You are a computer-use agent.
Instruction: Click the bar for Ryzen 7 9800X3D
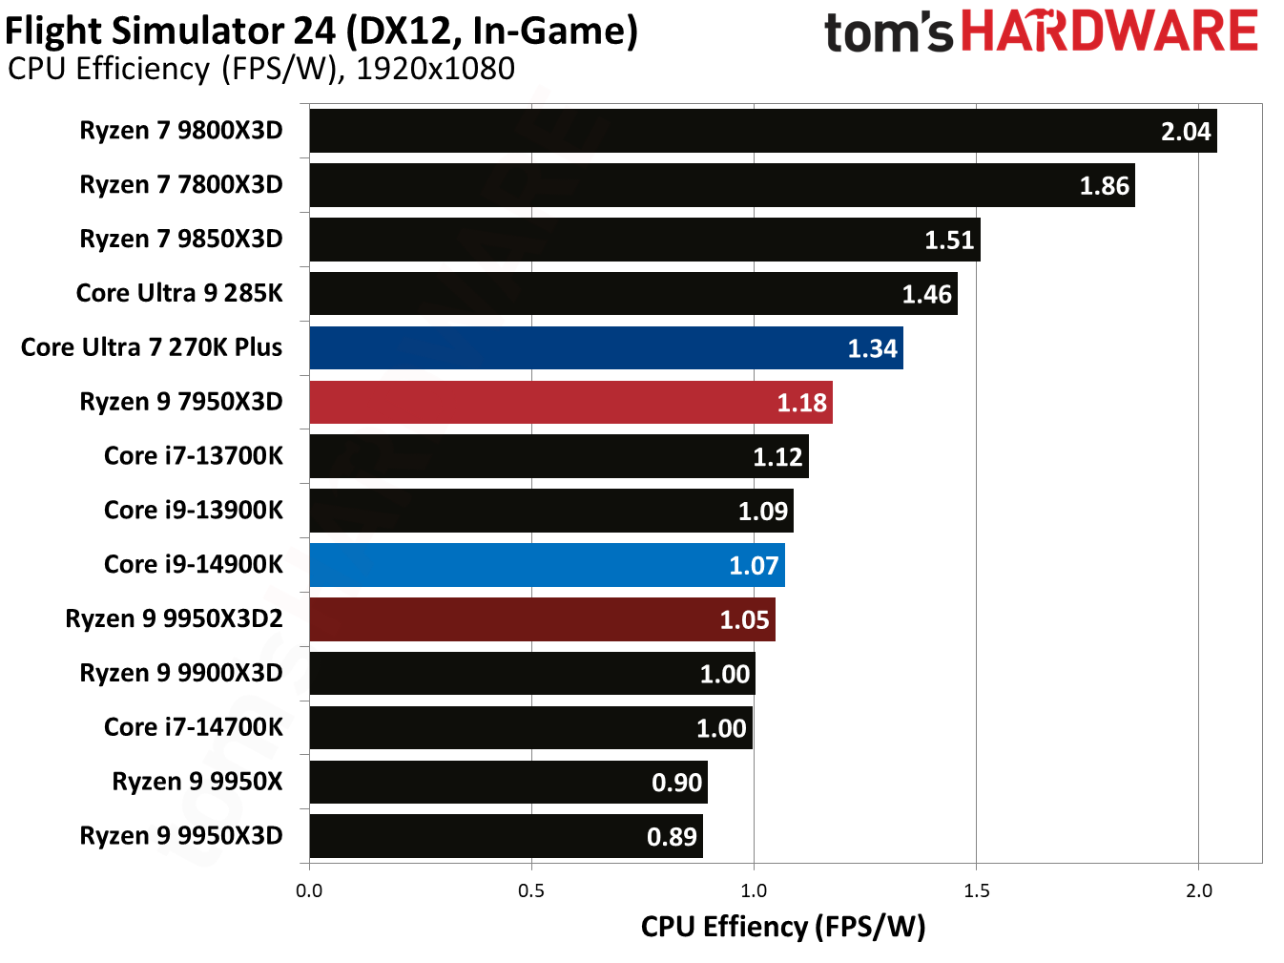coord(762,131)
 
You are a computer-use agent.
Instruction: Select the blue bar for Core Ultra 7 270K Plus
coord(606,348)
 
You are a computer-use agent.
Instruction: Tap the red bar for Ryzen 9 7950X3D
coord(570,403)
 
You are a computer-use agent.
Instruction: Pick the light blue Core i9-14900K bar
coord(547,565)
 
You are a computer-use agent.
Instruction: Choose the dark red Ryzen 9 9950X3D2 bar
coord(542,619)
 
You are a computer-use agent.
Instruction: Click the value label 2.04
coord(1185,132)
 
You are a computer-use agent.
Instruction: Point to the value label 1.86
coord(1104,186)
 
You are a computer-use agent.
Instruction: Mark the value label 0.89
coord(672,837)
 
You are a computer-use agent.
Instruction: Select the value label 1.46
coord(926,294)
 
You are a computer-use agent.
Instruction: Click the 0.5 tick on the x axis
coord(531,890)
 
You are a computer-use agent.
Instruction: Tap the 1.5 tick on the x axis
coord(976,890)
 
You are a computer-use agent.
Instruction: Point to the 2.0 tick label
coord(1198,890)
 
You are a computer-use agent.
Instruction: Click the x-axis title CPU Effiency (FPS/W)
coord(782,926)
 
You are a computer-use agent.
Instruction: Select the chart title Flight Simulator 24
coord(321,31)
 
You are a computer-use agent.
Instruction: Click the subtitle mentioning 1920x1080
coord(260,69)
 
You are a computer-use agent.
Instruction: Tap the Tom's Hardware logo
coord(1040,31)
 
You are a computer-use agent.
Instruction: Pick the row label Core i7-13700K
coord(193,456)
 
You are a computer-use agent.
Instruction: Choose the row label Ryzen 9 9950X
coord(197,782)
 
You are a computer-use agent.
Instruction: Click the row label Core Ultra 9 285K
coord(179,293)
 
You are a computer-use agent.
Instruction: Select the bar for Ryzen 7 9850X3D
coord(644,240)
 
